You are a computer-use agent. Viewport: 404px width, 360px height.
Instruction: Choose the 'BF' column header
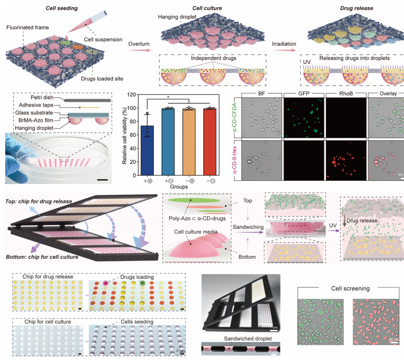[x=261, y=95]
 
